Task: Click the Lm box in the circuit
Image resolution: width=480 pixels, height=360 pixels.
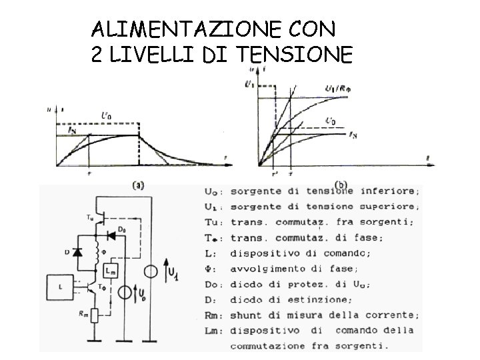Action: (x=111, y=271)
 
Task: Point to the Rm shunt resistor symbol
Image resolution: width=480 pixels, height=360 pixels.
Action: (x=96, y=314)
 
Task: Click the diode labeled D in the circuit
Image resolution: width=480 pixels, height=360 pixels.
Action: (x=79, y=253)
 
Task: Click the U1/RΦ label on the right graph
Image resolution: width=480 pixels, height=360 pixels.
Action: (x=339, y=89)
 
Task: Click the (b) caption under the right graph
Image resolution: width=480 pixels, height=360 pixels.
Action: (x=341, y=183)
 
